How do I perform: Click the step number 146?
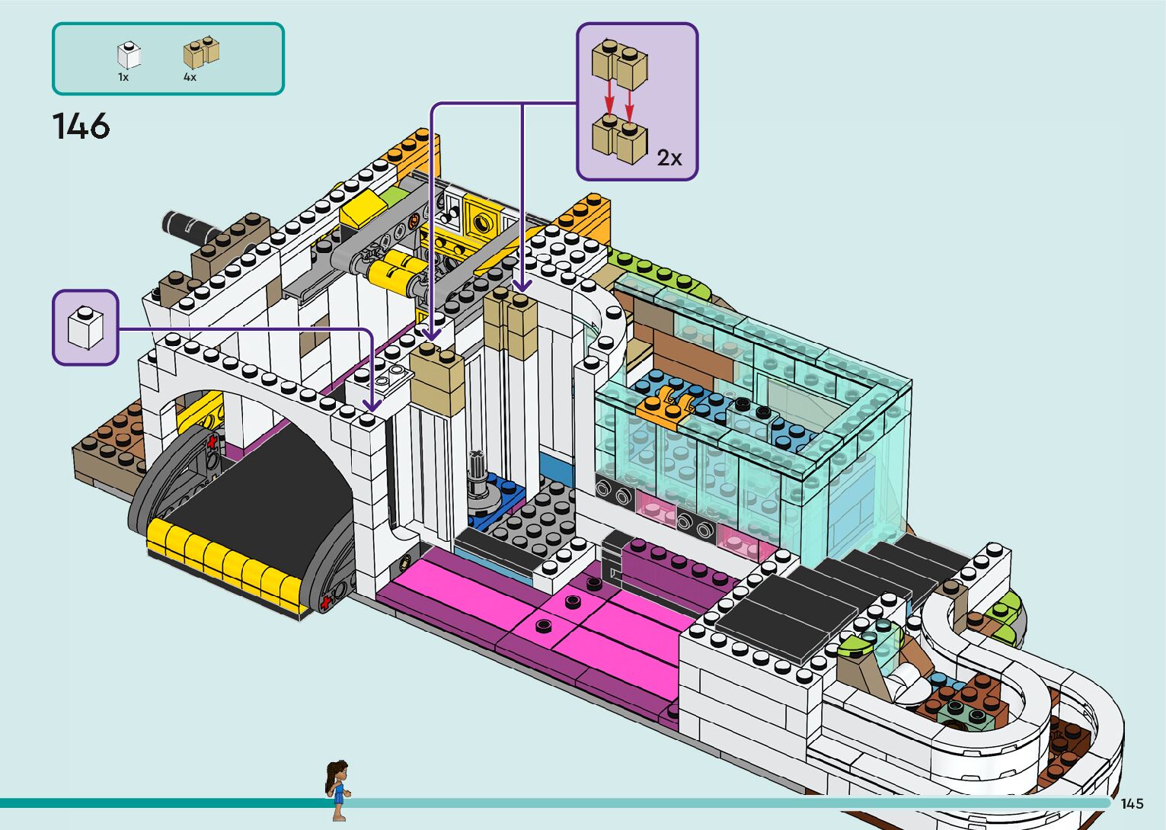81,127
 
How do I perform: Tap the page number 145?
1132,803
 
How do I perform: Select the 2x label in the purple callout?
669,158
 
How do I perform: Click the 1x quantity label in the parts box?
123,77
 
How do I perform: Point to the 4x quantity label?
190,77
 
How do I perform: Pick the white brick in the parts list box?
129,55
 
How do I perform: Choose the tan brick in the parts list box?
201,53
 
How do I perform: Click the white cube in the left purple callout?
85,328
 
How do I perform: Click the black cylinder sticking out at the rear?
187,225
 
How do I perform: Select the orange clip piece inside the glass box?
662,408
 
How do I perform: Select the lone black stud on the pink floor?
542,626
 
